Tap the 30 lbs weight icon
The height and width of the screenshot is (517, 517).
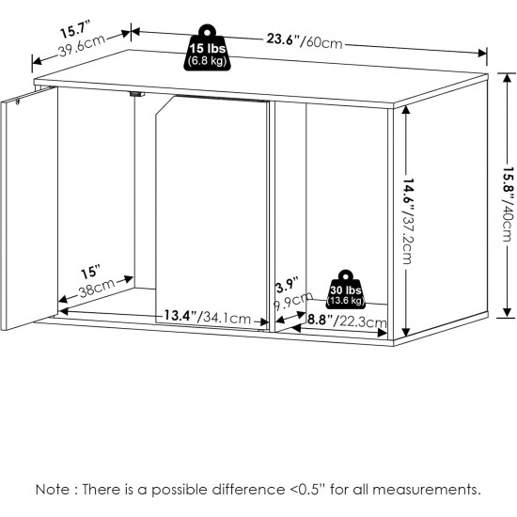pos(346,290)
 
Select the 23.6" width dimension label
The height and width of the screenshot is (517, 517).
pos(283,39)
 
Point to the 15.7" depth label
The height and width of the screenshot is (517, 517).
pos(75,29)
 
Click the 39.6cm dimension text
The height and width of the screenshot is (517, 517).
pos(83,46)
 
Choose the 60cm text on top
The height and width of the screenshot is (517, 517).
pos(323,42)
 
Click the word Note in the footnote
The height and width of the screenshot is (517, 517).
pos(52,490)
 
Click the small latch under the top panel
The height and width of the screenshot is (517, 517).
pos(137,94)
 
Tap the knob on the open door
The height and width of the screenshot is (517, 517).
pos(18,102)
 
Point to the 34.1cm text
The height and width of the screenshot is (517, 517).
pos(227,318)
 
